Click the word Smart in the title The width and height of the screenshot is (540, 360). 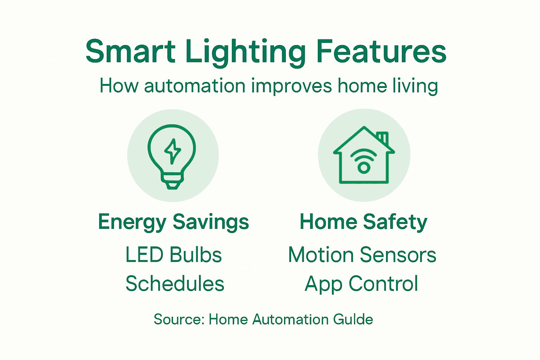pos(130,52)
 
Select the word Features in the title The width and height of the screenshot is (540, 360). pos(381,52)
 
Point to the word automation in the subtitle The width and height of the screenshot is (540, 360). pos(195,86)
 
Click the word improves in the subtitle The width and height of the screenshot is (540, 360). pos(291,86)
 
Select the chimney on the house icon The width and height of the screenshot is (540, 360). pos(383,138)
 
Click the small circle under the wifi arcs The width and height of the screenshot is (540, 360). pos(364,168)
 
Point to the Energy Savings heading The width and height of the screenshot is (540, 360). pos(173,222)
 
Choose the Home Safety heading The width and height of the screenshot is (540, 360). pos(364,222)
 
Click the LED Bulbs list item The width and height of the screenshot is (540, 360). pos(173,255)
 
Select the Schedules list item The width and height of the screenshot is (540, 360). pos(175,284)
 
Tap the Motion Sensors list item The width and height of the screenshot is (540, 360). pos(362,255)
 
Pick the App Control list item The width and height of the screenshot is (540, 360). pos(361,284)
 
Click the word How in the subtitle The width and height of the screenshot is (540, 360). pos(119,86)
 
